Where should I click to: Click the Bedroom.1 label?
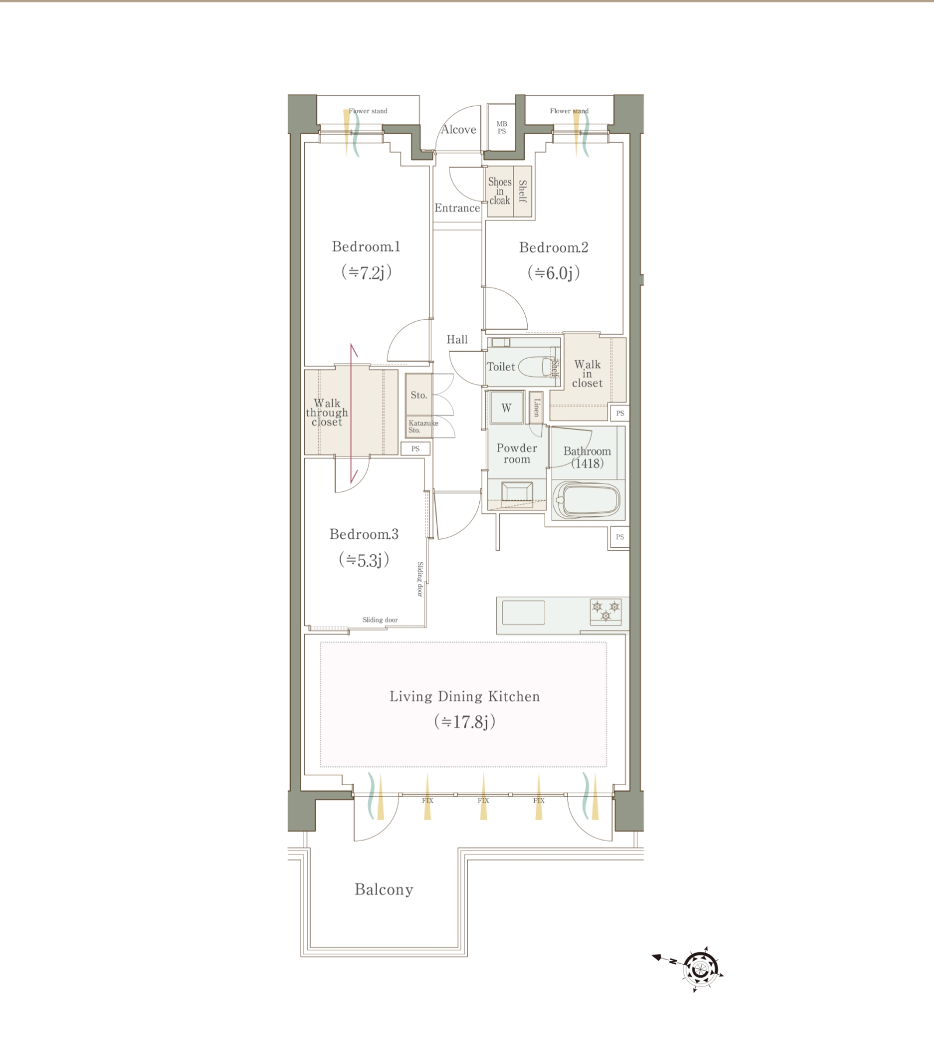(366, 247)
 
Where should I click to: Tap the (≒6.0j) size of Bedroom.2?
(553, 272)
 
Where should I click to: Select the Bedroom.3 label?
(364, 534)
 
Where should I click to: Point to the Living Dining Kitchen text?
(465, 696)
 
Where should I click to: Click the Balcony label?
(384, 890)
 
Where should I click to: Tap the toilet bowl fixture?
(535, 367)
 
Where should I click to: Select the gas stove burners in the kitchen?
(605, 611)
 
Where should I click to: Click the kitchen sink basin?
(524, 612)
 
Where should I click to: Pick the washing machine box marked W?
(506, 408)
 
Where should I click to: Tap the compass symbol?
(699, 970)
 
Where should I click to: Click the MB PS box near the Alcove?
(501, 128)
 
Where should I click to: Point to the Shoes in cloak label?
(500, 191)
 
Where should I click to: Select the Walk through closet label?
(327, 412)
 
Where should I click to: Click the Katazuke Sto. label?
(423, 426)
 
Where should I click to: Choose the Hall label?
(457, 339)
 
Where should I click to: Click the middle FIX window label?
(483, 800)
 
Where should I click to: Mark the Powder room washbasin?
(517, 492)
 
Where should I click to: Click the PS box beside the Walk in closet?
(620, 413)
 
